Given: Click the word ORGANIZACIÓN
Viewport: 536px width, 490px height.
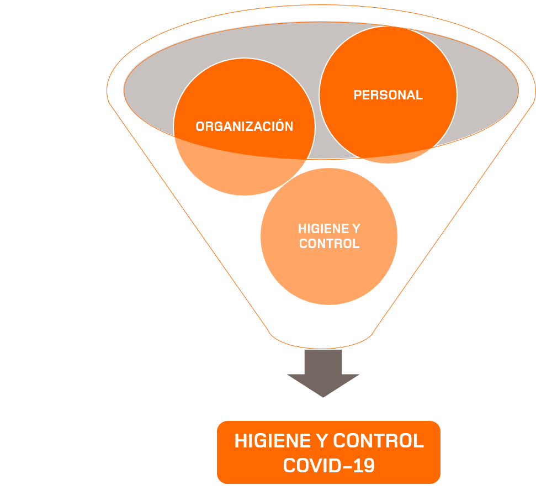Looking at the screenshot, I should (x=244, y=127).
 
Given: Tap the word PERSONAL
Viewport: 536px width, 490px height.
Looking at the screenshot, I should (x=388, y=95).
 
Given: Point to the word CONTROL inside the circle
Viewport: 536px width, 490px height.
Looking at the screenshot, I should (x=329, y=244).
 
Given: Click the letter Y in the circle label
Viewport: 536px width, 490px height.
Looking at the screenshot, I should (x=355, y=229).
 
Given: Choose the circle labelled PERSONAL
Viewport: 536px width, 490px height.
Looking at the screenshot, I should (x=388, y=61).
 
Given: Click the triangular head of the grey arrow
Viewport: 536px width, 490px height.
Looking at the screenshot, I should (x=323, y=384).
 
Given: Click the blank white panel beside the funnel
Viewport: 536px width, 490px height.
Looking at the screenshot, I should (x=51, y=243).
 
